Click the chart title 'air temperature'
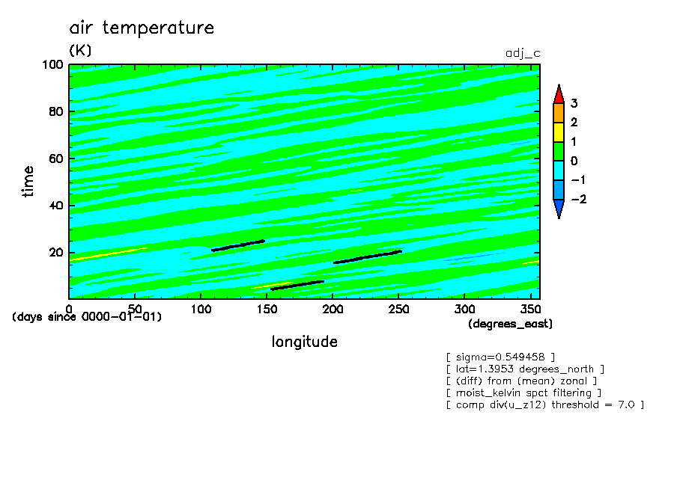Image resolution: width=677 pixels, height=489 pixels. click(x=142, y=28)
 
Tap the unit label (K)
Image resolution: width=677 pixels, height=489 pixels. click(x=80, y=50)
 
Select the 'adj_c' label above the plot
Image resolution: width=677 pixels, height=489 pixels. click(x=523, y=54)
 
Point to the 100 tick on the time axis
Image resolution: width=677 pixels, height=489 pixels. click(x=52, y=65)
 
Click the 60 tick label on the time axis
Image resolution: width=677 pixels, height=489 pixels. click(x=56, y=159)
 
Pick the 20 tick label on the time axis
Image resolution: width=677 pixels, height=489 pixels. click(x=56, y=253)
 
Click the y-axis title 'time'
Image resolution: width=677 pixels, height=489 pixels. click(x=28, y=182)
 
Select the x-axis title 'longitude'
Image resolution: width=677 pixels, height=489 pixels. click(x=304, y=342)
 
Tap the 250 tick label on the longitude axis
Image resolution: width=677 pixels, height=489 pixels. click(x=398, y=310)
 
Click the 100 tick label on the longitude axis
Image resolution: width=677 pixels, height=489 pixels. click(x=201, y=310)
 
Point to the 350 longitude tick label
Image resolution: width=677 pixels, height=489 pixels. click(x=530, y=310)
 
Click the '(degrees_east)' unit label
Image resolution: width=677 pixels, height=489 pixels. click(x=510, y=324)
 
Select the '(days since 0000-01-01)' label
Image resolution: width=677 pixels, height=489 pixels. click(x=87, y=317)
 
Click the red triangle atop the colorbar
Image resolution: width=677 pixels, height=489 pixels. click(x=559, y=94)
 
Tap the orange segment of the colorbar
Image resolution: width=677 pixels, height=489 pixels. click(x=559, y=114)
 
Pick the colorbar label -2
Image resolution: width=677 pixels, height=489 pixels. click(x=579, y=199)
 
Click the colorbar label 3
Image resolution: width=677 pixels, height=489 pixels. click(x=574, y=103)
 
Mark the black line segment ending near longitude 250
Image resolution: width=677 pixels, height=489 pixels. click(x=368, y=257)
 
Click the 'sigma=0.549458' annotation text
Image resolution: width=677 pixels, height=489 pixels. click(x=500, y=357)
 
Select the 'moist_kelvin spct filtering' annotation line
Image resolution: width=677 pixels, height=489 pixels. click(x=523, y=393)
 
